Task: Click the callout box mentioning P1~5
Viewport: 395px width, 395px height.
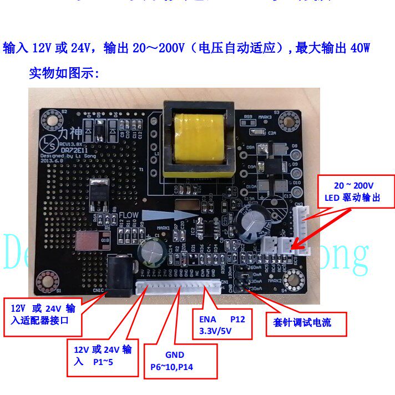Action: (104, 355)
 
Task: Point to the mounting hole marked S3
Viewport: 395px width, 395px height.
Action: (288, 120)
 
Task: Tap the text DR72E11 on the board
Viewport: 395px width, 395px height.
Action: (73, 150)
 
